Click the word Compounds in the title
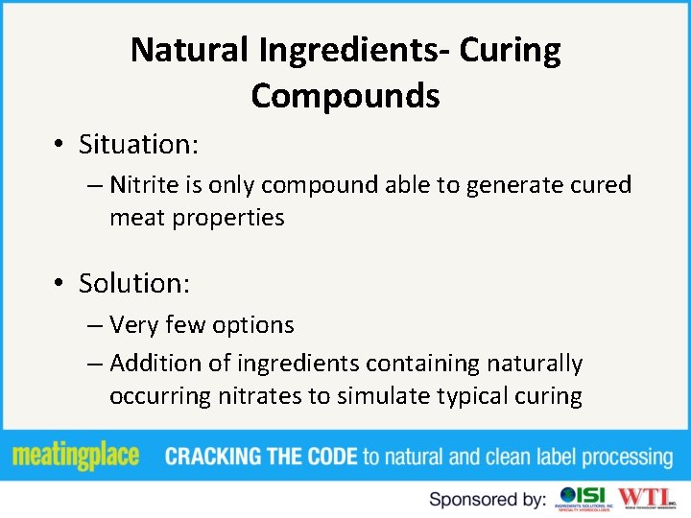(345, 96)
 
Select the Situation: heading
(138, 144)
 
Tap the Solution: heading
(134, 283)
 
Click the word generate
(511, 186)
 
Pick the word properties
(228, 219)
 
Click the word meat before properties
(137, 219)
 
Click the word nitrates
(258, 397)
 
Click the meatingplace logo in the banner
(77, 457)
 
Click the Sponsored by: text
(488, 499)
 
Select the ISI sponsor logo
(583, 498)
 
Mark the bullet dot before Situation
(60, 145)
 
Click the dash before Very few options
(94, 326)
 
